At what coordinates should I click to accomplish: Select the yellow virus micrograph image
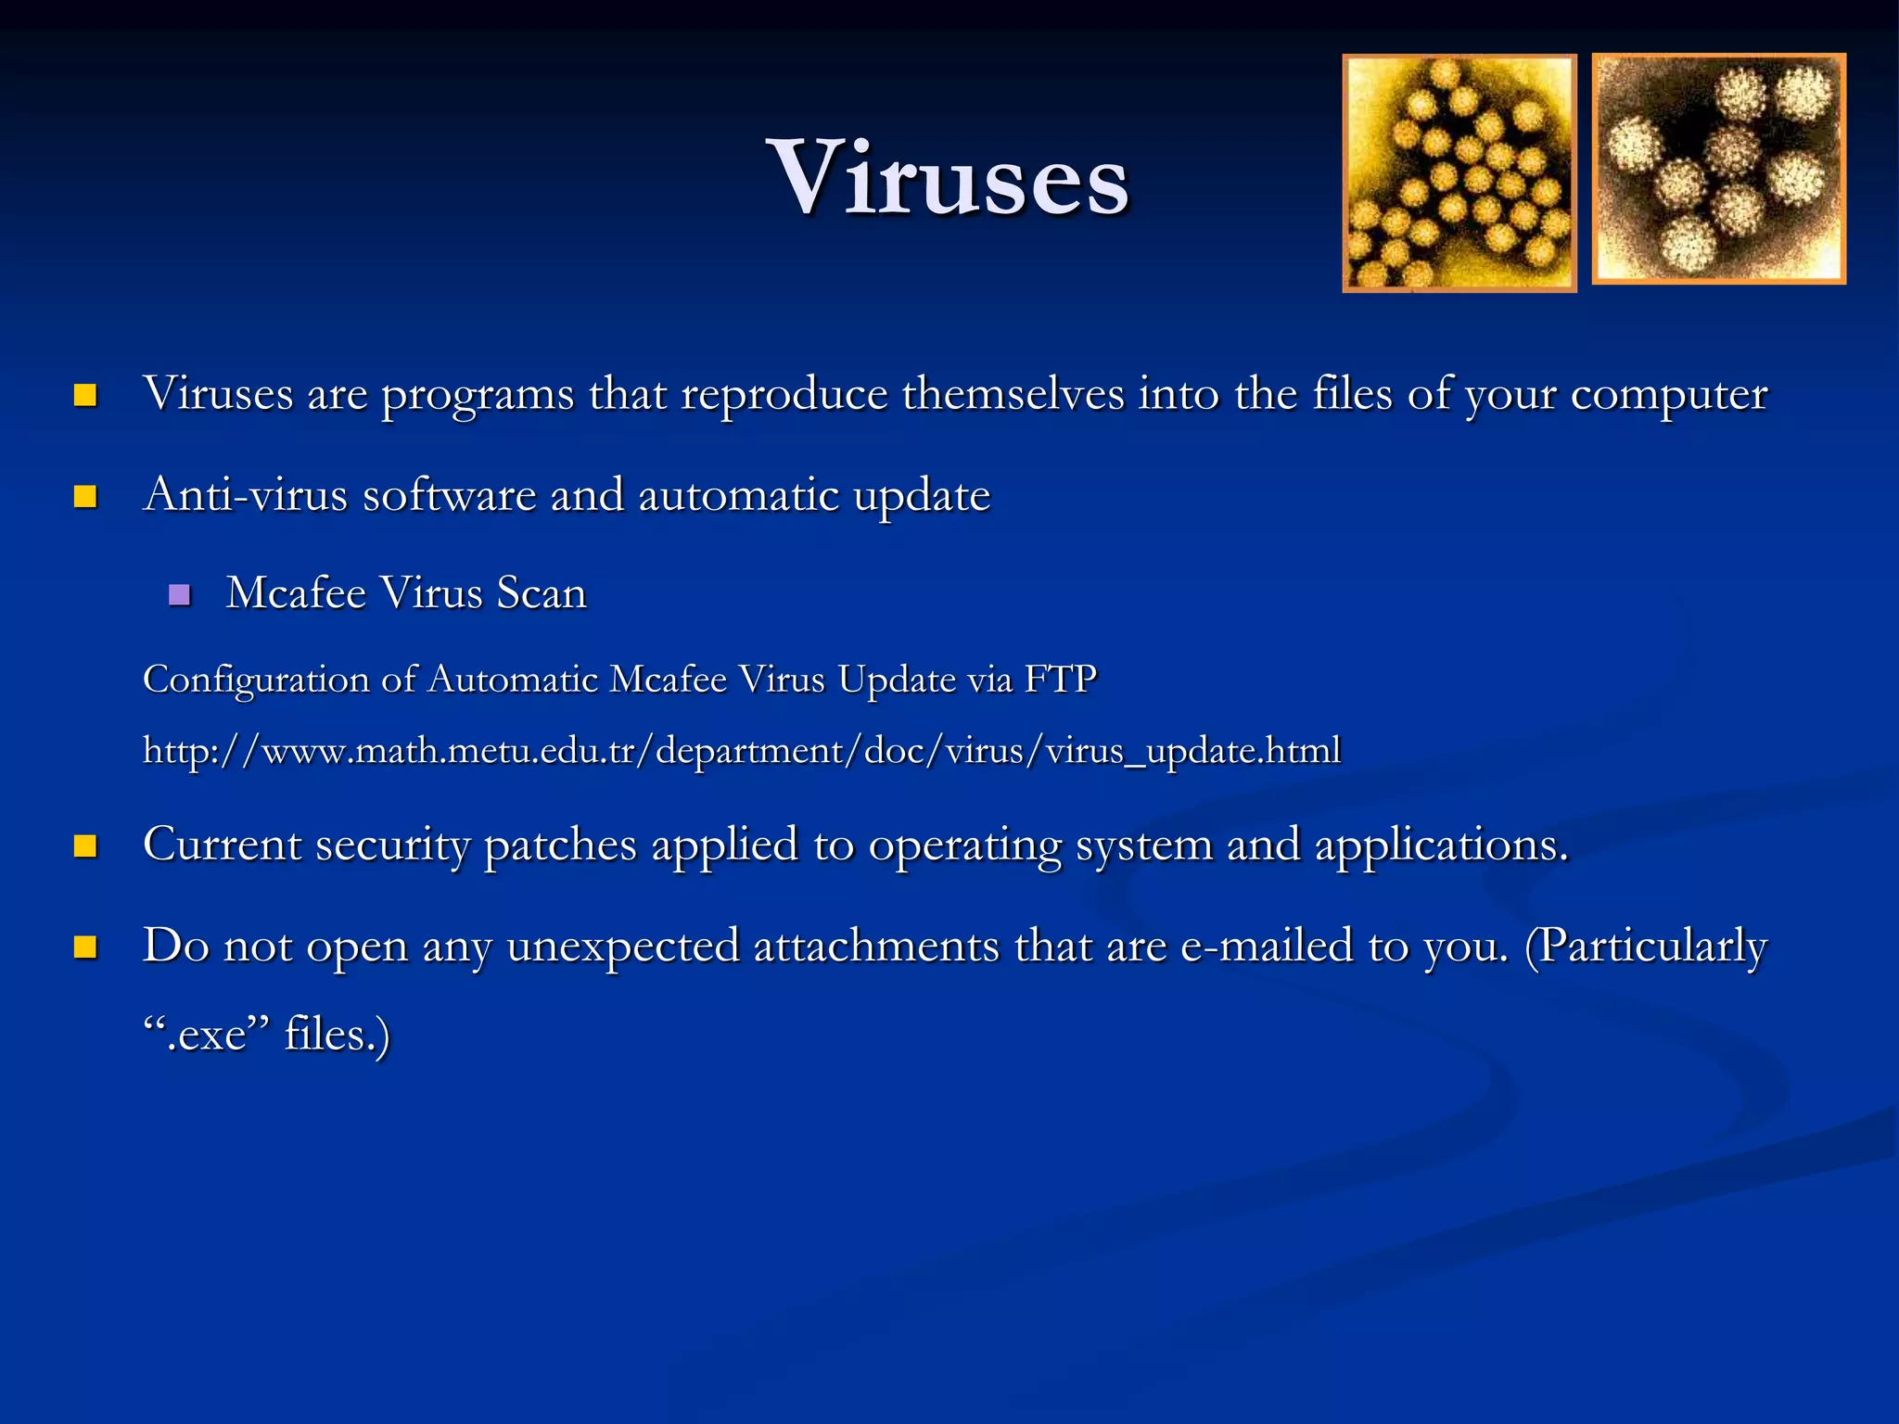point(1459,173)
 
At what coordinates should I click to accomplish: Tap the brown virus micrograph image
point(1718,169)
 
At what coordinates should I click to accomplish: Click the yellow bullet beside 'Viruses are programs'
point(85,396)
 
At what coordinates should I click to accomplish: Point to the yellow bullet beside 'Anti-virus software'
point(85,497)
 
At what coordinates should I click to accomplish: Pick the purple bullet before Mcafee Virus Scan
point(180,595)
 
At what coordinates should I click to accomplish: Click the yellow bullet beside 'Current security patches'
point(85,845)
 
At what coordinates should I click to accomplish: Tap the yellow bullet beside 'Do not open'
point(85,947)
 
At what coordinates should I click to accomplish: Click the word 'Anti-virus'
point(246,494)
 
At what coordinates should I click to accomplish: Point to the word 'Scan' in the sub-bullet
point(542,593)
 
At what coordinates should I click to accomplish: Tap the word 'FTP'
point(1060,680)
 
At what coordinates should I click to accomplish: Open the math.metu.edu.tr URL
point(742,750)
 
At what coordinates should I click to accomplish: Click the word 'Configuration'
point(256,680)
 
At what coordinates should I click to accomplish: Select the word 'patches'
point(560,845)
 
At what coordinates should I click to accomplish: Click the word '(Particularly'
point(1646,947)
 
